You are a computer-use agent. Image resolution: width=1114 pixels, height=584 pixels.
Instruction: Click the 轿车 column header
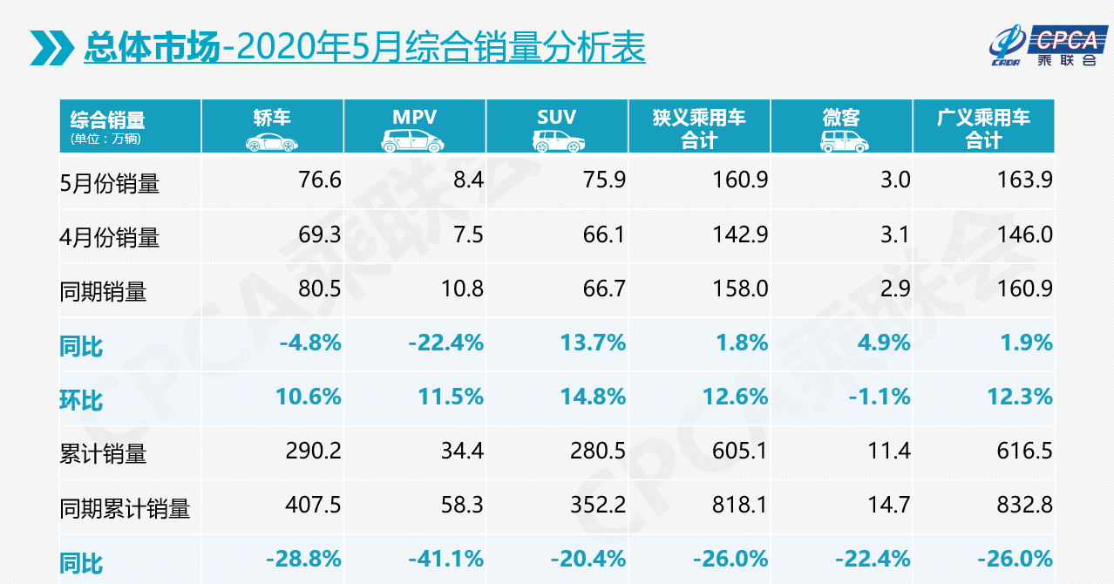click(272, 119)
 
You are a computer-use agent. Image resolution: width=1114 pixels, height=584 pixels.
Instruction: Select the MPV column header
click(414, 119)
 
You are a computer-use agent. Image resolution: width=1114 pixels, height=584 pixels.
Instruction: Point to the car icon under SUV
click(557, 141)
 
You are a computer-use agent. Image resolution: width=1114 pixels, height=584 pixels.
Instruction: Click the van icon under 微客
click(841, 141)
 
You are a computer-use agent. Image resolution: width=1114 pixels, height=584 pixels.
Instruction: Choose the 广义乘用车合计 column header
click(983, 127)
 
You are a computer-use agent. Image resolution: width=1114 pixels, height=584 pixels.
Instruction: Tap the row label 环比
click(81, 399)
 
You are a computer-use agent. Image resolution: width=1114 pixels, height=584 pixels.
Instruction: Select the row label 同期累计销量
click(125, 508)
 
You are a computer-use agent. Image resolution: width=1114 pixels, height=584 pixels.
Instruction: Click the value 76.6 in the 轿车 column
click(319, 180)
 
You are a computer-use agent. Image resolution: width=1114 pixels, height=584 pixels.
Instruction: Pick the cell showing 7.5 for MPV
click(466, 234)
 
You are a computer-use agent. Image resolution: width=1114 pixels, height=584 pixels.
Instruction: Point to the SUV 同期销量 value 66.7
click(603, 289)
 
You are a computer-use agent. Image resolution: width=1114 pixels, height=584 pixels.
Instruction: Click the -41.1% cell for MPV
click(445, 559)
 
